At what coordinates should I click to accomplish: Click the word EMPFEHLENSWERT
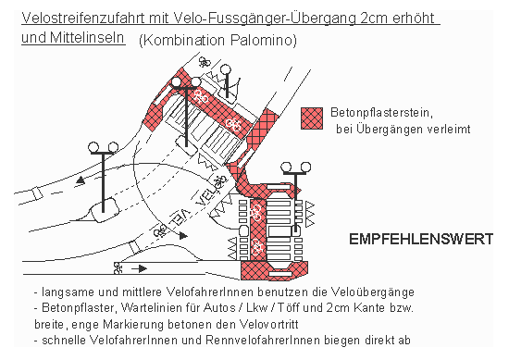[x=420, y=240]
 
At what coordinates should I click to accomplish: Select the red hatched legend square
[x=313, y=118]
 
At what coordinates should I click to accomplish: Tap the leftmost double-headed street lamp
[x=103, y=148]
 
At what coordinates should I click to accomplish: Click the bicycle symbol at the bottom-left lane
[x=118, y=268]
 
